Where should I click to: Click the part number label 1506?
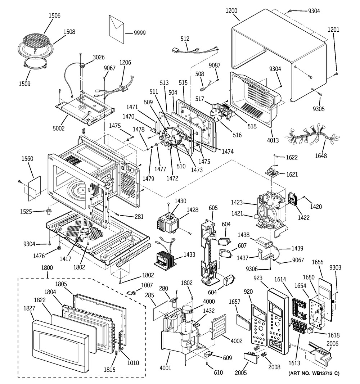(x=54, y=15)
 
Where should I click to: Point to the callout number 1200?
(x=231, y=10)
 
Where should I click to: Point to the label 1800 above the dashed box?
(x=47, y=267)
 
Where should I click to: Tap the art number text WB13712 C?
(x=314, y=374)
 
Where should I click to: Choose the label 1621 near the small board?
(x=292, y=174)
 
